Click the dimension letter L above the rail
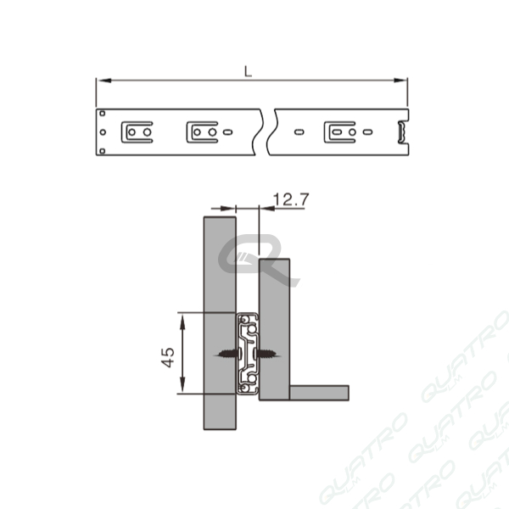248,71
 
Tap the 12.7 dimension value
291,199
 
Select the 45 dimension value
168,357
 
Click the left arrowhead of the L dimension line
103,81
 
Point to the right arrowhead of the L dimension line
400,81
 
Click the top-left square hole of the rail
103,114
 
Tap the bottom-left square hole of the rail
103,151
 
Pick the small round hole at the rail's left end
103,132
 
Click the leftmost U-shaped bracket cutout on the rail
137,132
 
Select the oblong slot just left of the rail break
228,132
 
